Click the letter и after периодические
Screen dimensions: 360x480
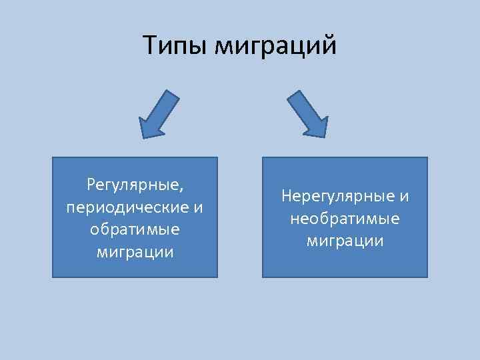click(x=197, y=206)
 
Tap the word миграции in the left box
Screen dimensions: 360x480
click(x=135, y=252)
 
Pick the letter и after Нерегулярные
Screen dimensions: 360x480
click(x=404, y=196)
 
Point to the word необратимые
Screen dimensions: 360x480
click(x=345, y=219)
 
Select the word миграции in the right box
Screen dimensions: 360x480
click(x=345, y=241)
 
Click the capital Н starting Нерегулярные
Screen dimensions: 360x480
click(x=287, y=196)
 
